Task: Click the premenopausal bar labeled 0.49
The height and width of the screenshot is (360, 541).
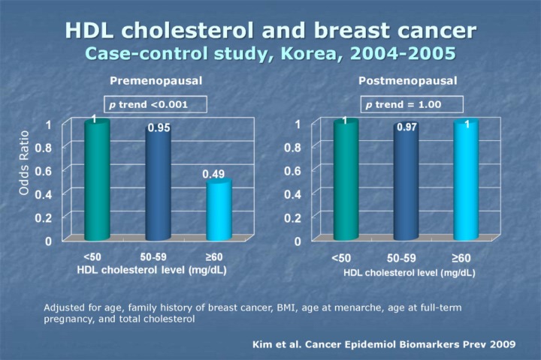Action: coord(218,210)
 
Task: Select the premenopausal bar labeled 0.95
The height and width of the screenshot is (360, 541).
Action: coord(158,184)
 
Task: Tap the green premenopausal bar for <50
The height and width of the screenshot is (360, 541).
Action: coord(97,180)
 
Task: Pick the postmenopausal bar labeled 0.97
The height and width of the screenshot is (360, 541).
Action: coord(406,184)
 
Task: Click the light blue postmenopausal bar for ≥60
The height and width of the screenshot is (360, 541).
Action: coord(466,180)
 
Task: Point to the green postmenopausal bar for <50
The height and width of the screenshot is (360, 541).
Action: coord(346,180)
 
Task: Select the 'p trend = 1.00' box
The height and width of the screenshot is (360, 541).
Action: coord(412,104)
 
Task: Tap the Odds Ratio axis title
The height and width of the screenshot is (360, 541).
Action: coord(24,166)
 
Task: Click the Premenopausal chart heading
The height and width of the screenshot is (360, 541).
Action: coord(156,80)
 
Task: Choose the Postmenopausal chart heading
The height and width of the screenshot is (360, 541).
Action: coord(408,80)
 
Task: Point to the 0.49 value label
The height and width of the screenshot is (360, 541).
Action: coord(213,174)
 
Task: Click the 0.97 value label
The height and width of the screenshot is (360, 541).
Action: coord(407,128)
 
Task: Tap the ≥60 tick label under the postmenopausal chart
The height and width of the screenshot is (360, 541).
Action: coord(462,258)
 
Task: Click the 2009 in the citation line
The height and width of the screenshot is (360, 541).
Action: coord(503,343)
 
